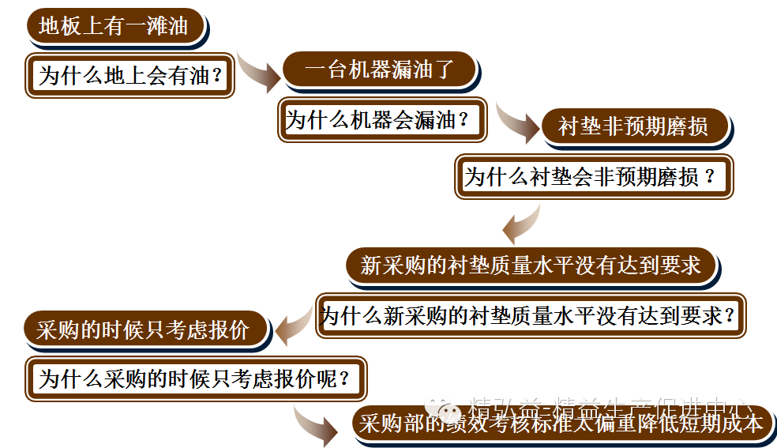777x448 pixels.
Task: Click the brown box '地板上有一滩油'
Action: [x=114, y=27]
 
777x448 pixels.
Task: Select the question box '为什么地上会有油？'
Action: [x=130, y=76]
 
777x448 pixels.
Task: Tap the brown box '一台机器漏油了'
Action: [x=379, y=70]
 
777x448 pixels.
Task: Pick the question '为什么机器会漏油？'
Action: [x=381, y=120]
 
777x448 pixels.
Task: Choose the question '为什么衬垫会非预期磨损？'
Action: [x=594, y=177]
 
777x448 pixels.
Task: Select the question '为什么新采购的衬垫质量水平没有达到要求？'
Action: [x=531, y=316]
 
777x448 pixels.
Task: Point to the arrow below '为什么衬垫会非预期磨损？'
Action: [x=521, y=225]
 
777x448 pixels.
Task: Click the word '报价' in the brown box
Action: [x=230, y=330]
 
